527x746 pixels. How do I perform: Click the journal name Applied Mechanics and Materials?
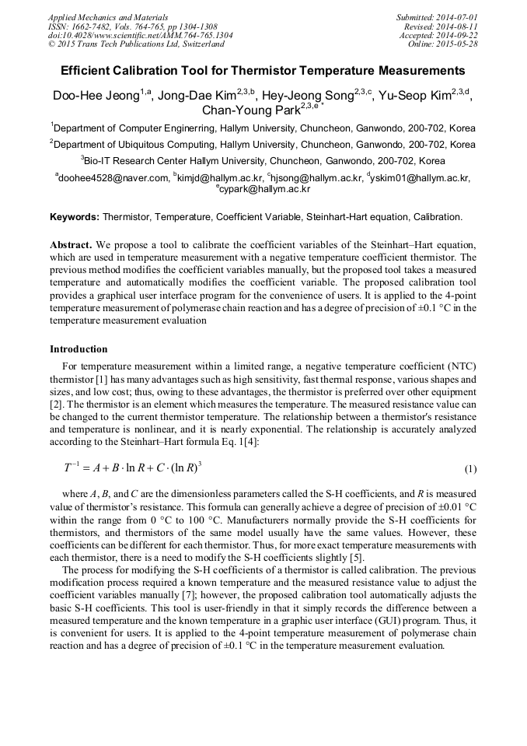tap(108, 16)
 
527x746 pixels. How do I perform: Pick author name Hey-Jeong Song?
tap(309, 96)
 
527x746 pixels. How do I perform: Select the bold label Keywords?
tap(75, 217)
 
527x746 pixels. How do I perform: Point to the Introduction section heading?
tap(79, 348)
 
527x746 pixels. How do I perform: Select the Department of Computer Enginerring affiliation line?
tap(263, 128)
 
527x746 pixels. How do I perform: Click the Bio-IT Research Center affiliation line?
tap(263, 161)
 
